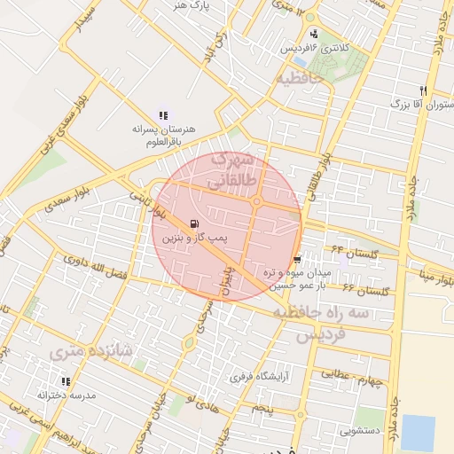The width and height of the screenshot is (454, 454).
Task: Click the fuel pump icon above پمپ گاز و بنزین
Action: [x=194, y=223]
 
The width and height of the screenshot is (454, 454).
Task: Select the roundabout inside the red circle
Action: [x=256, y=202]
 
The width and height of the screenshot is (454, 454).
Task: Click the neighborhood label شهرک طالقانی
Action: [x=232, y=170]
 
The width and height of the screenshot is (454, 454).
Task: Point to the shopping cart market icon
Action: [x=296, y=259]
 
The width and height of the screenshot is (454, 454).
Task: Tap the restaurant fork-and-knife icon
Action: [x=423, y=90]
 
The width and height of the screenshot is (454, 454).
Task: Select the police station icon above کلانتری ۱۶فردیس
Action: [x=313, y=34]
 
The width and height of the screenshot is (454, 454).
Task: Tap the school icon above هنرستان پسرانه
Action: [x=162, y=114]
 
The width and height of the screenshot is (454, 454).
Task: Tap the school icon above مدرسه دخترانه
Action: [x=65, y=382]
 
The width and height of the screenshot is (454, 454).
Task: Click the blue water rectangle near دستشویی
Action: [x=418, y=432]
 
